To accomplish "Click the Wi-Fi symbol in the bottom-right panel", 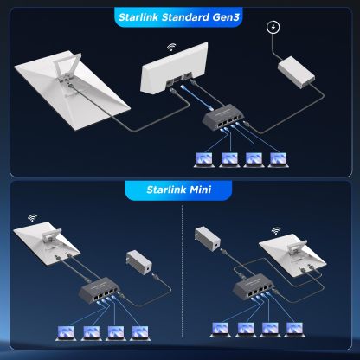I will [x=277, y=232].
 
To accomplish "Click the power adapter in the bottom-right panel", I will [x=205, y=237].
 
